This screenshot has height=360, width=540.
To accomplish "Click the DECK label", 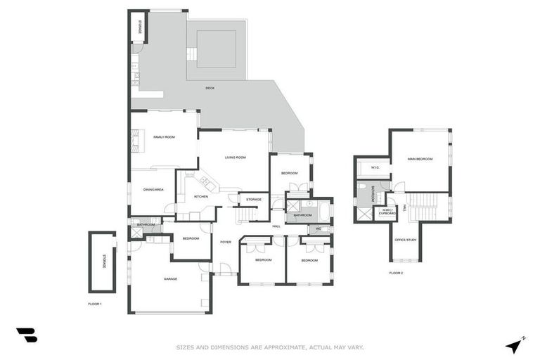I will [210, 88].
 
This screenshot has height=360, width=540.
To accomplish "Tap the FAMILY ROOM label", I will [163, 136].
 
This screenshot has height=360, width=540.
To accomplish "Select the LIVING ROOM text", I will [235, 157].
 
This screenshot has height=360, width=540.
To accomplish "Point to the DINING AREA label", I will [153, 190].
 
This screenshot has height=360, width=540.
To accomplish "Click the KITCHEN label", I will [201, 196].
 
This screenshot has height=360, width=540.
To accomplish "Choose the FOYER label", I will [225, 242].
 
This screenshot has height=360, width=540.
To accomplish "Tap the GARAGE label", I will [170, 279].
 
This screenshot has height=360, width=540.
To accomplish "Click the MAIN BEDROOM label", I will [420, 159].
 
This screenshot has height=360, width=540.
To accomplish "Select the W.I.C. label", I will [375, 167].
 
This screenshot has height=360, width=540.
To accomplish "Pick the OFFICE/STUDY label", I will [406, 240].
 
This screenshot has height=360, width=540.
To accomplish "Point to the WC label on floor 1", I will [319, 229].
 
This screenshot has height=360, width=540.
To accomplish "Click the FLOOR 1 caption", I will [95, 304].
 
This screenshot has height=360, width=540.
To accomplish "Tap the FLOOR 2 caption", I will [396, 273].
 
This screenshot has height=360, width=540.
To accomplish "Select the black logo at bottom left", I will [26, 335].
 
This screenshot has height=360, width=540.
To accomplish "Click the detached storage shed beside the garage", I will [103, 262].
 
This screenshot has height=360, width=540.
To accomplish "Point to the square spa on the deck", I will [216, 49].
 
